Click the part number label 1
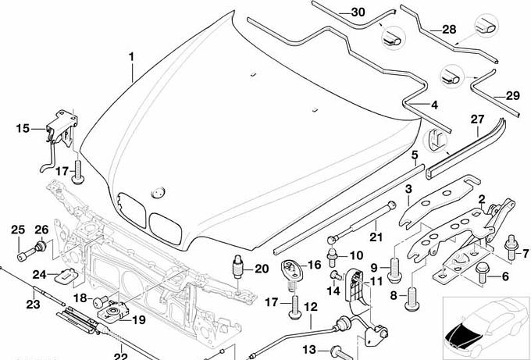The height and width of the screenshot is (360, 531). coord(131,56)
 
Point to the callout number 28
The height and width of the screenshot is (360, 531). coord(449,29)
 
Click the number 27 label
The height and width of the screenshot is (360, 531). coord(477,119)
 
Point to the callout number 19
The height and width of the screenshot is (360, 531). coord(138,319)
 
